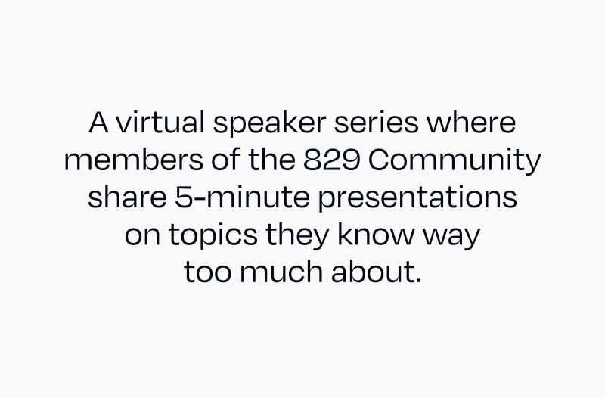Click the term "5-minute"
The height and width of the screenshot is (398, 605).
coord(223,198)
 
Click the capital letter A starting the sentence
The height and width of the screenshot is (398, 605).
coord(99,123)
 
